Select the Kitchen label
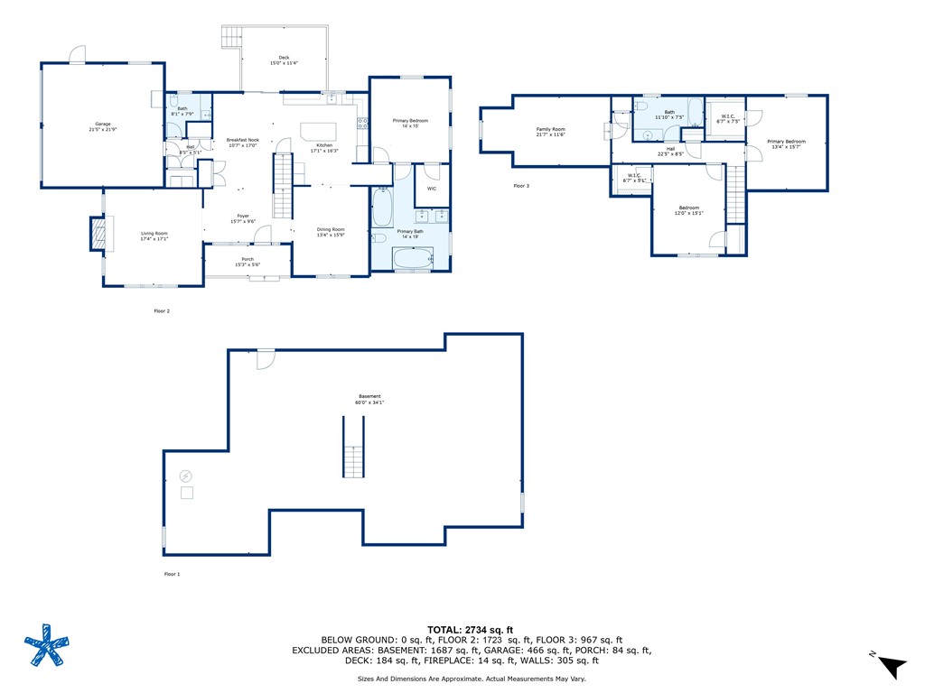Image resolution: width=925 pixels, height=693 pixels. coord(323,148)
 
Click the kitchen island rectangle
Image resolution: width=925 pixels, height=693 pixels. coord(317,128)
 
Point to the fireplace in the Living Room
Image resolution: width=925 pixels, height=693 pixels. coord(97,234)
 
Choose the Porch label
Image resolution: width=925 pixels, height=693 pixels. coord(248,262)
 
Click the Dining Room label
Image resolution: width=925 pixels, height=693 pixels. coord(331,232)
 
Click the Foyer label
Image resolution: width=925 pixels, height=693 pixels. coord(243,217)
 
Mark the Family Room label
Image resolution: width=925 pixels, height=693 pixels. coord(550,132)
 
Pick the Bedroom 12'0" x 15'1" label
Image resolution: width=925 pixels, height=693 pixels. coord(689,210)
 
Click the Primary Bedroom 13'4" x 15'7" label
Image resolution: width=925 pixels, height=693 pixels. coord(786,143)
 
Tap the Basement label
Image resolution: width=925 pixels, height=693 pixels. coord(369,399)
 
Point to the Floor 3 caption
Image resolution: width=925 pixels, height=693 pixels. coord(521,186)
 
